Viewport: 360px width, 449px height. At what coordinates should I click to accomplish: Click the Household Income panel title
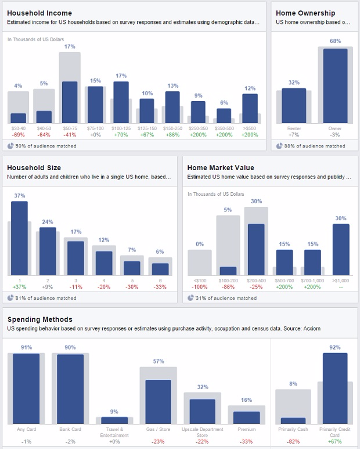pos(39,13)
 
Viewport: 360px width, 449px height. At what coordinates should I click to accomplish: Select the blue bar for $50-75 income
pos(70,102)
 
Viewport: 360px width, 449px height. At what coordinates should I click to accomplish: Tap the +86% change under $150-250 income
pos(172,134)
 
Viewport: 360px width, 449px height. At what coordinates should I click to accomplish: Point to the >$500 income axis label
pos(250,128)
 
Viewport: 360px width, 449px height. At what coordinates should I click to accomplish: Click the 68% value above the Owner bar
pos(335,41)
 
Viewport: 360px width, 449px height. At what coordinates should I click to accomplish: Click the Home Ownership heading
pos(305,13)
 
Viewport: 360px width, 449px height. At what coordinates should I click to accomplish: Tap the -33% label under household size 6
pos(161,287)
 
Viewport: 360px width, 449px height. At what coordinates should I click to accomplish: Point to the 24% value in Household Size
pos(48,221)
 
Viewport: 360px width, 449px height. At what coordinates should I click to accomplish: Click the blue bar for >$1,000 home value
pos(341,249)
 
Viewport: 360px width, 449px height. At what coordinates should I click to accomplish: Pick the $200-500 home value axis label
pos(256,281)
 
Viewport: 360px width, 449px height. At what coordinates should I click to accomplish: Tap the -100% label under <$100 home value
pos(200,287)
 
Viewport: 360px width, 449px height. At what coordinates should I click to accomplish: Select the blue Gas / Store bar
pos(158,402)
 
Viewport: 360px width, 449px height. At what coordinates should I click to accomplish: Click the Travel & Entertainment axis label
pos(114,432)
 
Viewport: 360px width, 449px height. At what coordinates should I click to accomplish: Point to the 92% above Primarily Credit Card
pos(335,347)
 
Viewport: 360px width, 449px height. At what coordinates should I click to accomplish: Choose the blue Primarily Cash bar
pos(293,421)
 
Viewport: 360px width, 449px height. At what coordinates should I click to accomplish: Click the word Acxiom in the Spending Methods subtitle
pos(311,329)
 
